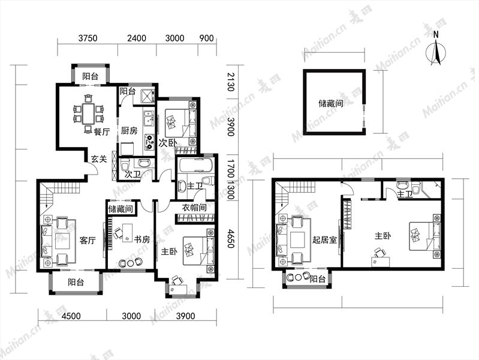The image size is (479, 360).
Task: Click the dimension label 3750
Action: click(x=88, y=38)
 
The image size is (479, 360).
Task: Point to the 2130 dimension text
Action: click(x=231, y=82)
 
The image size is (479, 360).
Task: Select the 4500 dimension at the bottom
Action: click(x=71, y=316)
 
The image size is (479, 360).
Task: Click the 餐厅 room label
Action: click(x=102, y=132)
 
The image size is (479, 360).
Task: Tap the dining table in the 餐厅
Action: click(x=88, y=113)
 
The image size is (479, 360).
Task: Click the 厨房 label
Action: click(x=129, y=131)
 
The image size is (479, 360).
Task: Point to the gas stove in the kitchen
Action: click(x=149, y=142)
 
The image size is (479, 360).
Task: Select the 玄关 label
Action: click(x=99, y=159)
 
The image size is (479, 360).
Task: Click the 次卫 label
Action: click(x=133, y=175)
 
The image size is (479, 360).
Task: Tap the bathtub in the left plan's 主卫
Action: click(x=196, y=166)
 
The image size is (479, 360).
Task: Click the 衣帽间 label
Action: click(x=194, y=208)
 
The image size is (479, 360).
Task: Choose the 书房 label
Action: click(x=142, y=239)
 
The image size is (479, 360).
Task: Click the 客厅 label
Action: click(x=88, y=240)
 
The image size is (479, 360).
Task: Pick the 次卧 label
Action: click(x=168, y=143)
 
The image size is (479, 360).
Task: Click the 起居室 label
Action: click(x=324, y=239)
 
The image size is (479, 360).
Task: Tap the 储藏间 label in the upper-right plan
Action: click(x=331, y=103)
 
